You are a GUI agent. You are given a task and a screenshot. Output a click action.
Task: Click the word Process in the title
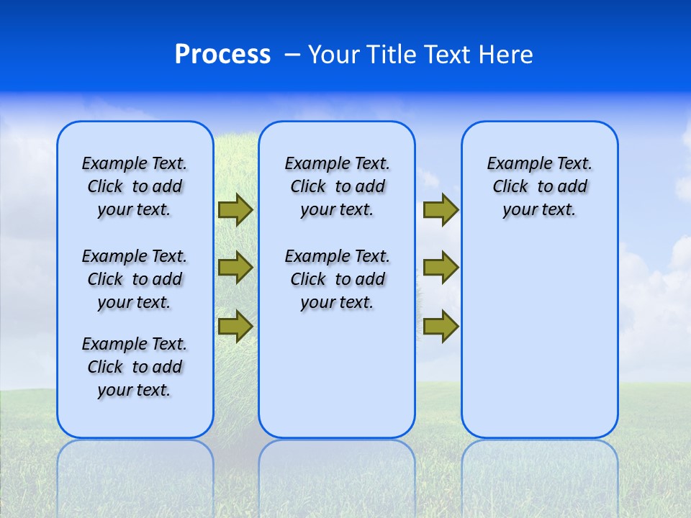(x=222, y=55)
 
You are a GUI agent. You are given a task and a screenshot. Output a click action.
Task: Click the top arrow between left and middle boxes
(x=235, y=210)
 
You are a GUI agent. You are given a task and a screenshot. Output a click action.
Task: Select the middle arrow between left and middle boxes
(x=235, y=268)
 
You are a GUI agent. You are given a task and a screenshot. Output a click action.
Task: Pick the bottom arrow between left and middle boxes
(x=235, y=326)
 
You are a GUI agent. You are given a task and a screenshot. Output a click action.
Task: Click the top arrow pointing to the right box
(x=441, y=210)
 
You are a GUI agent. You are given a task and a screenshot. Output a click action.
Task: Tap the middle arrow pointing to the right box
(x=441, y=268)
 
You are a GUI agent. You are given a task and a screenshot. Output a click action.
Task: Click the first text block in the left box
(x=135, y=186)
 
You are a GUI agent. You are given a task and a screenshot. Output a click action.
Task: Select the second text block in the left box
(x=135, y=279)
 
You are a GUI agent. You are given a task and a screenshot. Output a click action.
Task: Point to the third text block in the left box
(x=135, y=367)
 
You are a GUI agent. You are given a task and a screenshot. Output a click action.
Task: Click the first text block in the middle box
(x=337, y=186)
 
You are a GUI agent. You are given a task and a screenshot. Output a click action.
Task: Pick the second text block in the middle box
(x=337, y=279)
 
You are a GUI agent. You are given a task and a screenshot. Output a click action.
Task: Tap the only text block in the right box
(x=540, y=186)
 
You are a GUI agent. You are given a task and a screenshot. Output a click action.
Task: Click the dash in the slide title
(x=292, y=55)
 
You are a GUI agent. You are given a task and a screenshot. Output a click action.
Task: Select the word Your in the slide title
(x=335, y=55)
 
